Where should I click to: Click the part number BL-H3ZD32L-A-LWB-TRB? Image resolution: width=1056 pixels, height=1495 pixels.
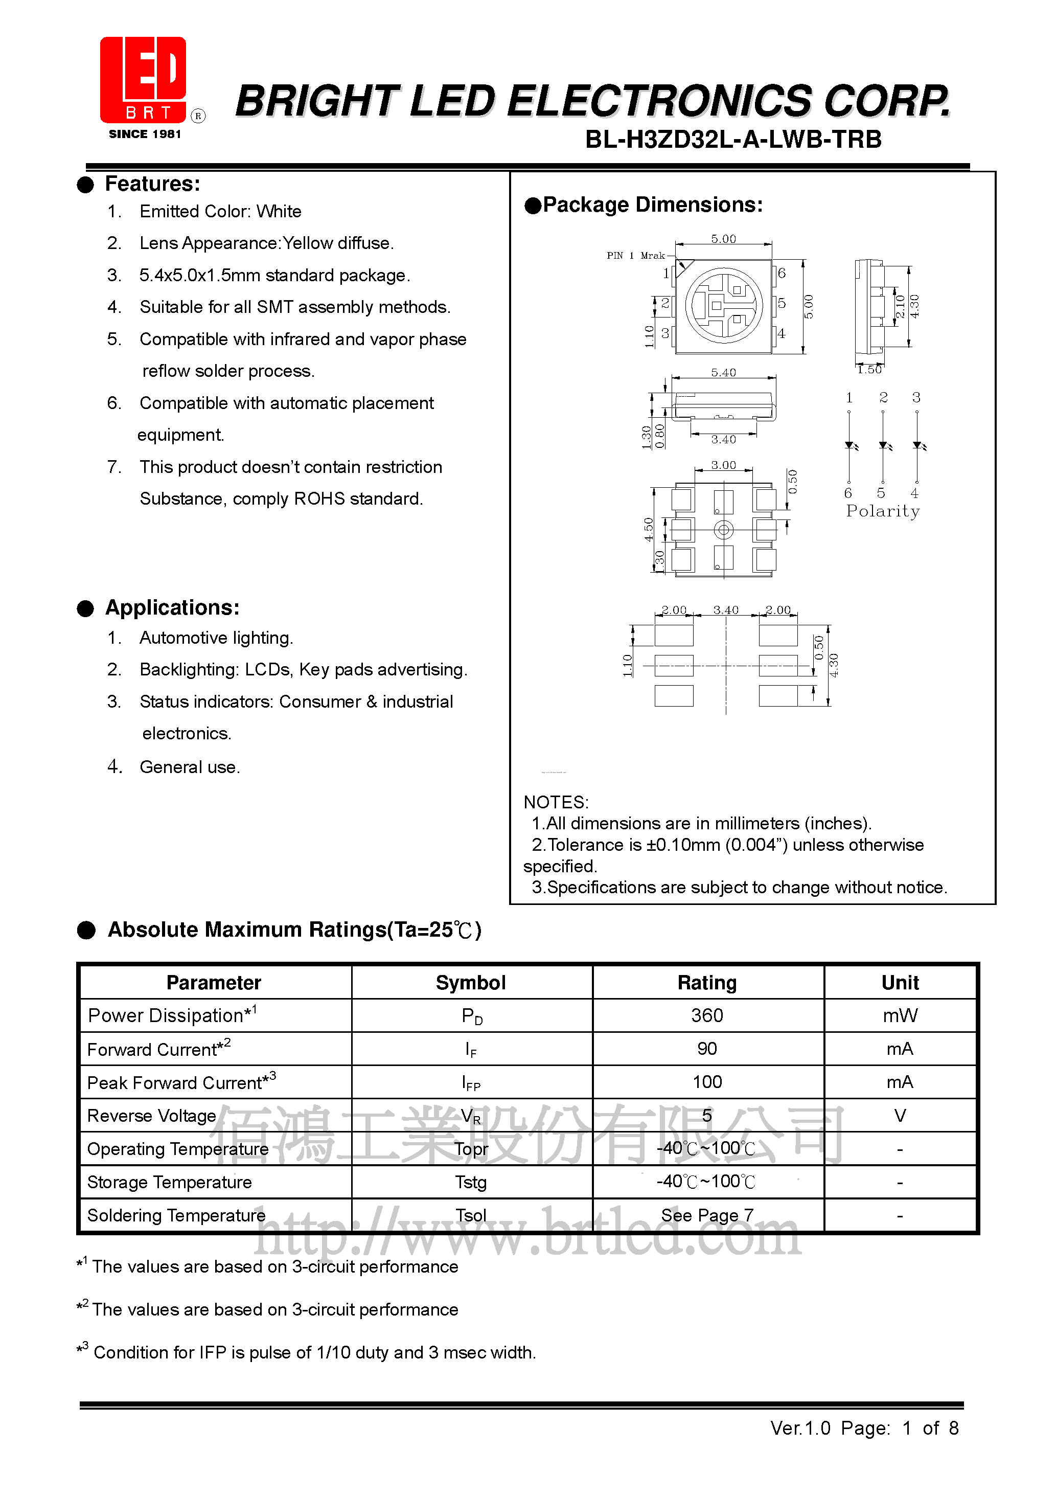point(733,140)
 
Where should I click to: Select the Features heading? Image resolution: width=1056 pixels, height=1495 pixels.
point(152,184)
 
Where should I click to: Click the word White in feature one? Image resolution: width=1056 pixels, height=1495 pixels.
point(279,212)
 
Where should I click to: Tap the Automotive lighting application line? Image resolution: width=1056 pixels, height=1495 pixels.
point(216,638)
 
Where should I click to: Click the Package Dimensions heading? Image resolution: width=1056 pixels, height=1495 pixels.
point(652,205)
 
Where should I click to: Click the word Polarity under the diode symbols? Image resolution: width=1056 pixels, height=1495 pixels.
point(882,511)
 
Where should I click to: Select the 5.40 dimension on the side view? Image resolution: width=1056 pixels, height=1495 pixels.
point(723,372)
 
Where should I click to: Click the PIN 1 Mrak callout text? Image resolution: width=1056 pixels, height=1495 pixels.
point(635,255)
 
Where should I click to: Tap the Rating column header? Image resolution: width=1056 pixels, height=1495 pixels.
point(707,983)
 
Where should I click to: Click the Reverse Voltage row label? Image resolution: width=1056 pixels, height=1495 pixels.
point(152,1116)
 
